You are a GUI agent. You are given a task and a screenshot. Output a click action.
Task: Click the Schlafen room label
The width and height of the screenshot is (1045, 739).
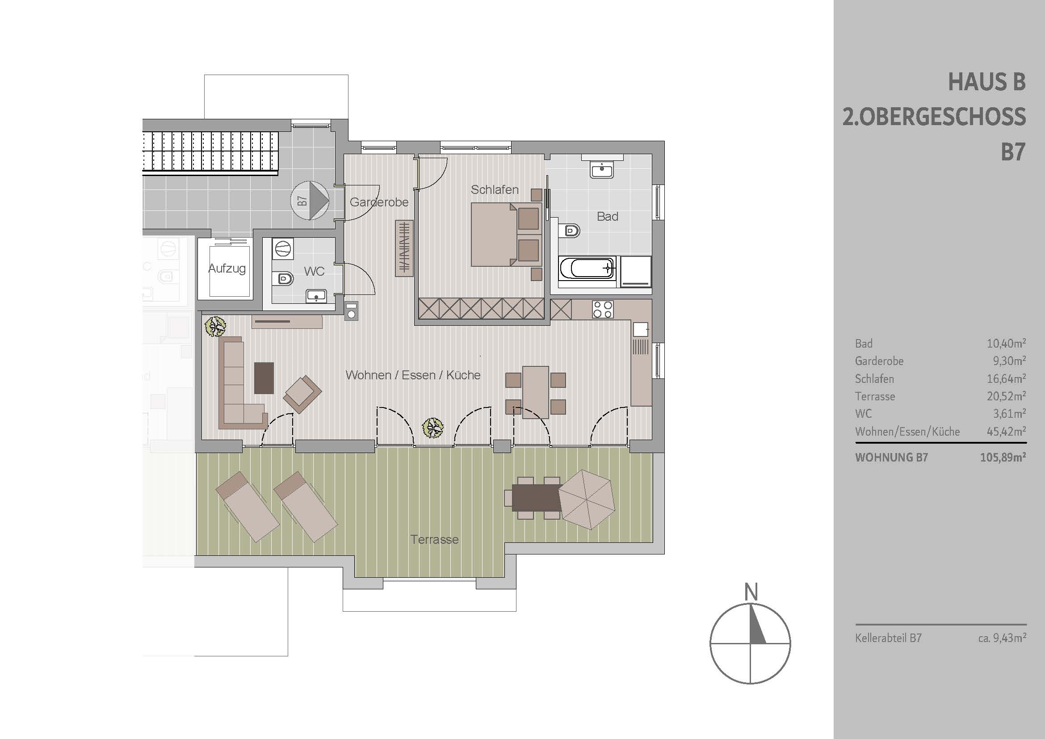pyautogui.click(x=495, y=189)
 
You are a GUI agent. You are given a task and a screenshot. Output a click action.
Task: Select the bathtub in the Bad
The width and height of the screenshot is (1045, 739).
pyautogui.click(x=588, y=269)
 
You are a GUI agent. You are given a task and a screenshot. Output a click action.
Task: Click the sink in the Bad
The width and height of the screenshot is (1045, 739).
pyautogui.click(x=602, y=170)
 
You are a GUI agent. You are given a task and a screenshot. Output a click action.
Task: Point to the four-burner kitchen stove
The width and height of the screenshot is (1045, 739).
pyautogui.click(x=603, y=310)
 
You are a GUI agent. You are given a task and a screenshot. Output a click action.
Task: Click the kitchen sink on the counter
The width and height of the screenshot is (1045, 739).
pyautogui.click(x=640, y=328)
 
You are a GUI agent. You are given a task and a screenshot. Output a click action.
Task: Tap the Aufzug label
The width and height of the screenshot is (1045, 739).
pyautogui.click(x=227, y=269)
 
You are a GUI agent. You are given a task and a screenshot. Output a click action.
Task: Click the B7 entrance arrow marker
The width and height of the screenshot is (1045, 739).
pyautogui.click(x=310, y=201)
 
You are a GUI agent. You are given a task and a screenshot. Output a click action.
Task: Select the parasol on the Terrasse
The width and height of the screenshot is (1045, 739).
pyautogui.click(x=587, y=500)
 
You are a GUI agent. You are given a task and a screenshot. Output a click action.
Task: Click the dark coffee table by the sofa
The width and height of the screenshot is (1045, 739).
pyautogui.click(x=264, y=378)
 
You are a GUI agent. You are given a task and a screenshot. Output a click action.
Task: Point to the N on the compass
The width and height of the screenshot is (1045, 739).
pyautogui.click(x=751, y=592)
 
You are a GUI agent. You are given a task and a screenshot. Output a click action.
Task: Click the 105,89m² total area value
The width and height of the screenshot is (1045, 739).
pyautogui.click(x=1003, y=457)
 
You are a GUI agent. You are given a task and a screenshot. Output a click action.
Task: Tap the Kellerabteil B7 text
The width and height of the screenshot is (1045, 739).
pyautogui.click(x=889, y=638)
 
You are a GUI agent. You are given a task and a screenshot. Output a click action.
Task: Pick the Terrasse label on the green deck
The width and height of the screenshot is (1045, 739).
pyautogui.click(x=434, y=539)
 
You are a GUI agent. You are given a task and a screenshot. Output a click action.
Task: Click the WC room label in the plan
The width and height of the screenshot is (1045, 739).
pyautogui.click(x=314, y=271)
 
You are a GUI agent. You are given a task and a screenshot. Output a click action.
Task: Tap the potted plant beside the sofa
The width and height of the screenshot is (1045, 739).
pyautogui.click(x=216, y=327)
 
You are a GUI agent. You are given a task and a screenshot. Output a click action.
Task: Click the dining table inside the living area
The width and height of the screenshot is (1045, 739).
pyautogui.click(x=536, y=392)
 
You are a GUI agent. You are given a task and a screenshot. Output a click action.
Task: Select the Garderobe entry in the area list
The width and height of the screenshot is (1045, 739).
pyautogui.click(x=879, y=361)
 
